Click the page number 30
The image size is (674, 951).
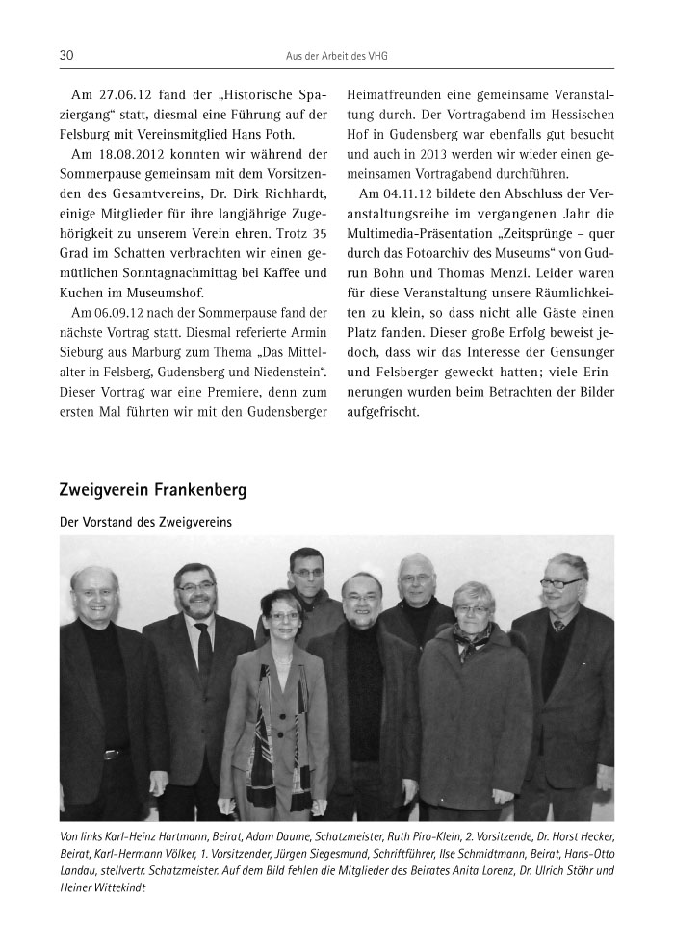click(x=66, y=56)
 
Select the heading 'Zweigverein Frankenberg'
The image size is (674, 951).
click(x=153, y=490)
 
